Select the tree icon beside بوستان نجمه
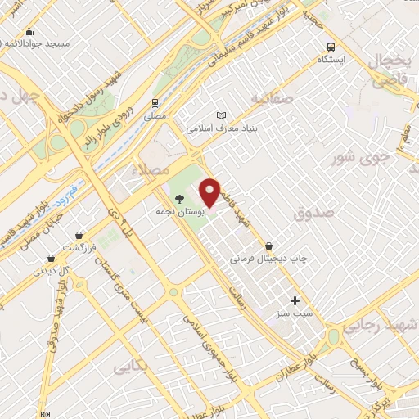[x=179, y=197]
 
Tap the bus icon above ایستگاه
[x=331, y=47]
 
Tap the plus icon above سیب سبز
[x=295, y=300]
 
